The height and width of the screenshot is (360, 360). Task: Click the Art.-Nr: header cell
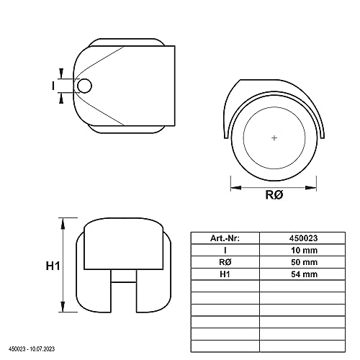(x=225, y=238)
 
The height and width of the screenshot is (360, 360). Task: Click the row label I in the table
(x=225, y=250)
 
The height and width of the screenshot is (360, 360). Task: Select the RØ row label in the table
(x=225, y=262)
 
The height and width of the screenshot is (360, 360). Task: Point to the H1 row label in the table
(x=225, y=274)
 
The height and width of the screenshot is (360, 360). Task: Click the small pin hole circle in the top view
(x=85, y=86)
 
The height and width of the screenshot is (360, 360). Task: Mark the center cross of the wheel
(x=274, y=137)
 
